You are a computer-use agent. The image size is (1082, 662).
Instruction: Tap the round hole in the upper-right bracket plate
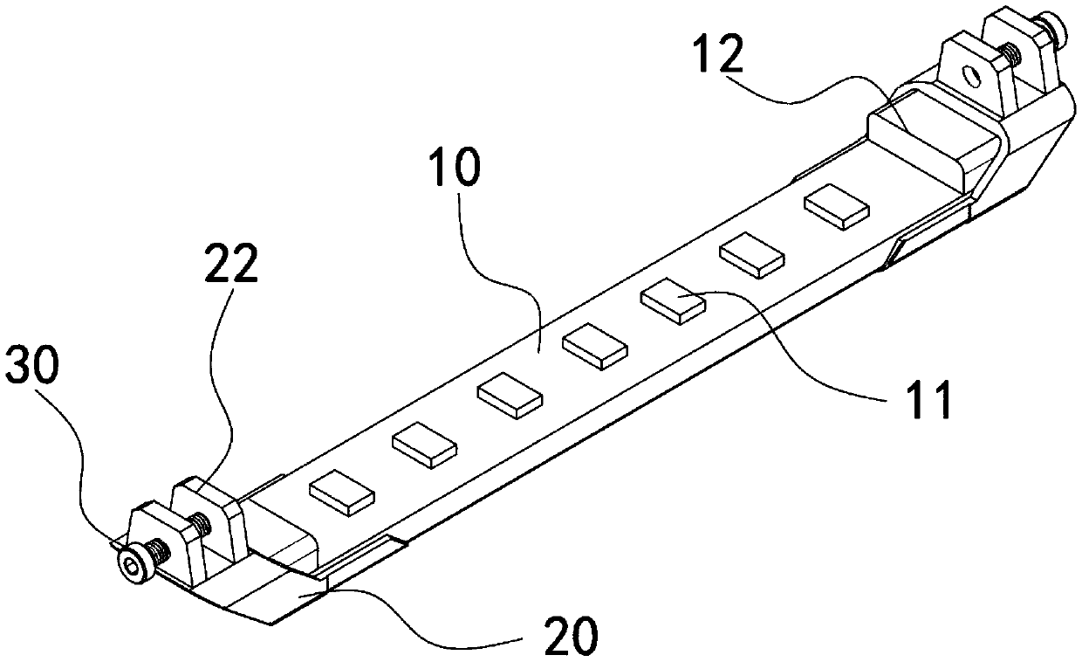(968, 74)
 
